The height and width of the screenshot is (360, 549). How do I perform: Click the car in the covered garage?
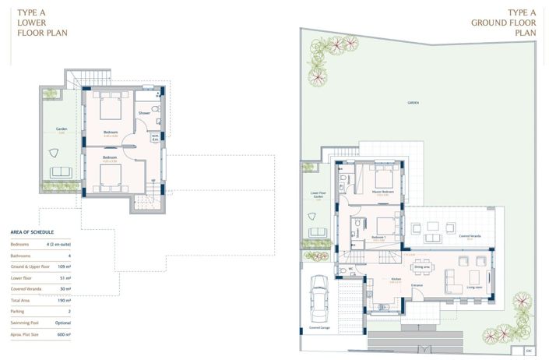click(319, 299)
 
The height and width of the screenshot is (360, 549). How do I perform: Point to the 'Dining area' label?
click(423, 266)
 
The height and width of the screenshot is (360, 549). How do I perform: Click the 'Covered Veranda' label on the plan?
click(470, 235)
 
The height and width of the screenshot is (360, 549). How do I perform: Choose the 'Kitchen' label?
click(395, 278)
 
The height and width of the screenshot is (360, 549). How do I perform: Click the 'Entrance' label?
click(417, 285)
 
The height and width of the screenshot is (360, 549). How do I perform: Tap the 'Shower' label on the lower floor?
click(144, 113)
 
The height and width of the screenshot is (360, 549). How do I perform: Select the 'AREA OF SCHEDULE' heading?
click(33, 232)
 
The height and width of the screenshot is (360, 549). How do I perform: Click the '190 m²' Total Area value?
click(64, 299)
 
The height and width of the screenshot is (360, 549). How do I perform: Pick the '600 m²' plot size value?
click(64, 334)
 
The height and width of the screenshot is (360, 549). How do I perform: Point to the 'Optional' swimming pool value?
click(62, 322)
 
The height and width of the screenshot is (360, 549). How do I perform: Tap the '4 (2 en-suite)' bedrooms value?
click(58, 244)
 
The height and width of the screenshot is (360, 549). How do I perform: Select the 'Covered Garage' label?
click(320, 328)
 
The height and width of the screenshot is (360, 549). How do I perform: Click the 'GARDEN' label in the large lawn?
click(413, 102)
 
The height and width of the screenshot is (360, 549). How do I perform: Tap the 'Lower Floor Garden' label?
click(318, 195)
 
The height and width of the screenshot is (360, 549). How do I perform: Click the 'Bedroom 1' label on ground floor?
click(379, 237)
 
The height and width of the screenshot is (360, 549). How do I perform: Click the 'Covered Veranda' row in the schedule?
click(26, 288)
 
